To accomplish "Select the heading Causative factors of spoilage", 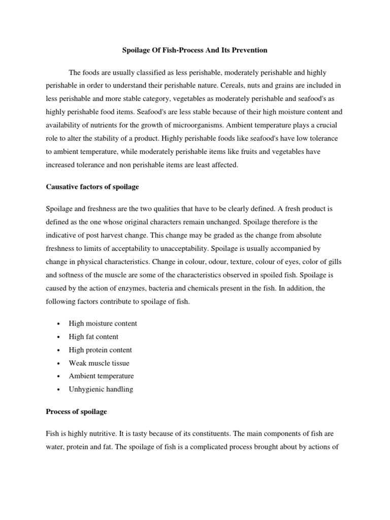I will [92, 187].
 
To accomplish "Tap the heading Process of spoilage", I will [76, 411].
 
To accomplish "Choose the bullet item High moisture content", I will [103, 323].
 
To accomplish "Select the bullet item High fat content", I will [93, 337].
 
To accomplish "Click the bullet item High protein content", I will [100, 350].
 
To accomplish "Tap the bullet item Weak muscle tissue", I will [99, 363].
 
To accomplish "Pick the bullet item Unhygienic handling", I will [101, 389].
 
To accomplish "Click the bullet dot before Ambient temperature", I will [59, 376].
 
